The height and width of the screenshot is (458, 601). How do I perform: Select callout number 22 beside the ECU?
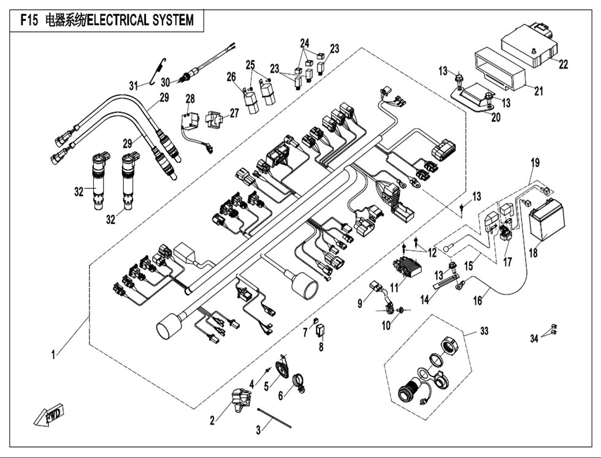563,64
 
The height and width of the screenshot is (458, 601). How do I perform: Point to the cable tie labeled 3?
275,416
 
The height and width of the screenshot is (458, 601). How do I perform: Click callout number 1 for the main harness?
54,355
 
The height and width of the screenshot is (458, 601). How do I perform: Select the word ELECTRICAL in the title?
118,20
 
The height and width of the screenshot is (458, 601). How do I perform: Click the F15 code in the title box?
29,20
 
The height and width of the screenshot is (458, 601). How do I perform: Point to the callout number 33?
484,331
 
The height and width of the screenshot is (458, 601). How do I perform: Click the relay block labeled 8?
320,330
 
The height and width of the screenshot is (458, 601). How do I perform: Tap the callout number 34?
534,338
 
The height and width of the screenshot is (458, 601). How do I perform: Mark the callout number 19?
535,163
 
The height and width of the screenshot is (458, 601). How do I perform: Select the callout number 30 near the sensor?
165,82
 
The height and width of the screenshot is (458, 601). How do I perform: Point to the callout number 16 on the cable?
478,301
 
